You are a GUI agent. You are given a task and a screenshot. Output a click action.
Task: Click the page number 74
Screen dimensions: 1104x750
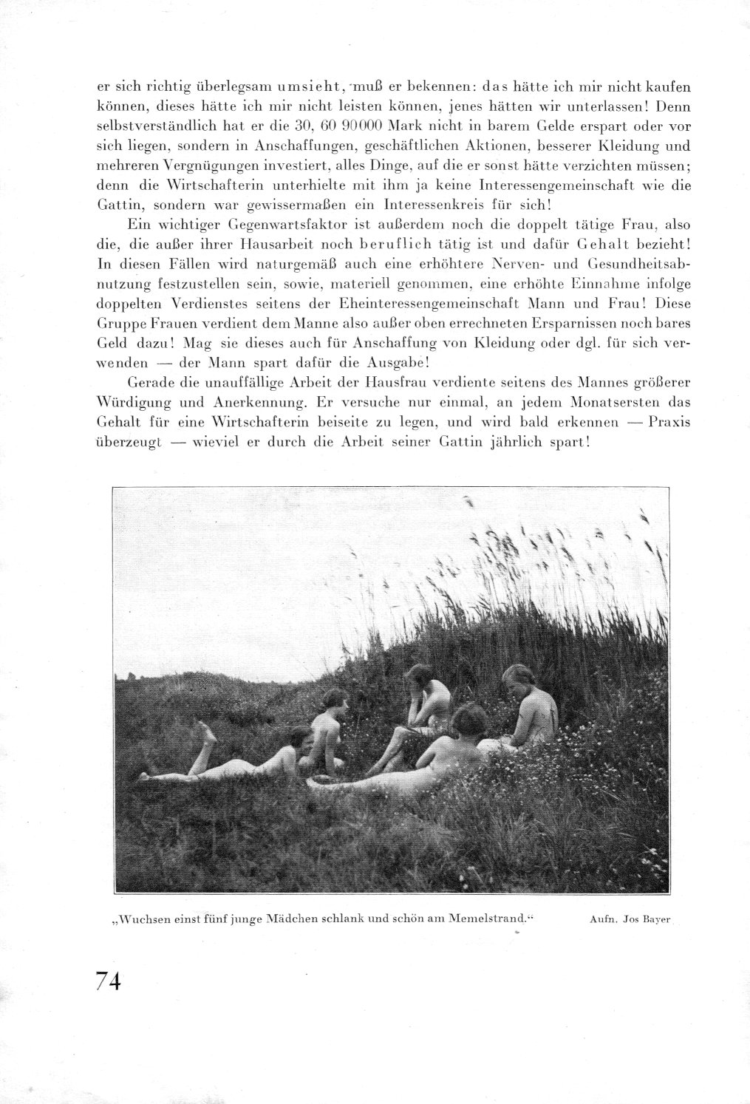(108, 984)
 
